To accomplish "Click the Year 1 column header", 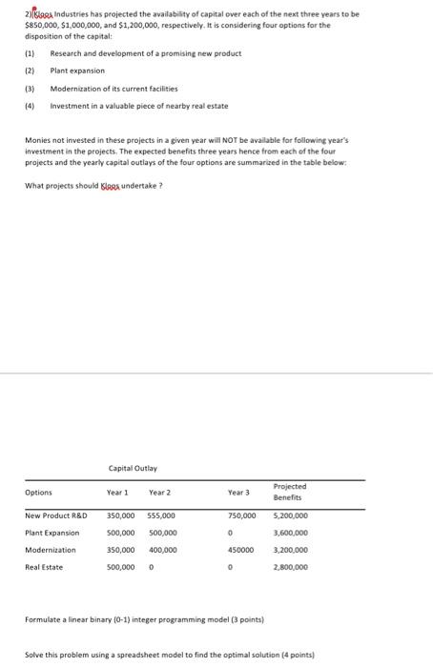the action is coord(117,493).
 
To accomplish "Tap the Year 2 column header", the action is coord(159,493).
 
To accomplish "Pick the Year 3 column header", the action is coord(239,493).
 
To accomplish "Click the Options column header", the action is coord(39,493).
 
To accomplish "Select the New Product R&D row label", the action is coord(56,516).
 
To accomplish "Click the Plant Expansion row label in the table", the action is coord(52,534).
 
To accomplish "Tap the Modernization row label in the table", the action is coord(51,550).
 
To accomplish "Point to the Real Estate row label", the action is coord(44,567).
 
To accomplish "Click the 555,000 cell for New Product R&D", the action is coord(162,516).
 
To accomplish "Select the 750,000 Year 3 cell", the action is coord(242,516).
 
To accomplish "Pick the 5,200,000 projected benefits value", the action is coord(291,516).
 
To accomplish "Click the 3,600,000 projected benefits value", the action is coord(291,534).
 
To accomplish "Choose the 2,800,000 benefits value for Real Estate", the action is coord(291,567).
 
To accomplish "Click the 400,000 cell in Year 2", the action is coord(162,550).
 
